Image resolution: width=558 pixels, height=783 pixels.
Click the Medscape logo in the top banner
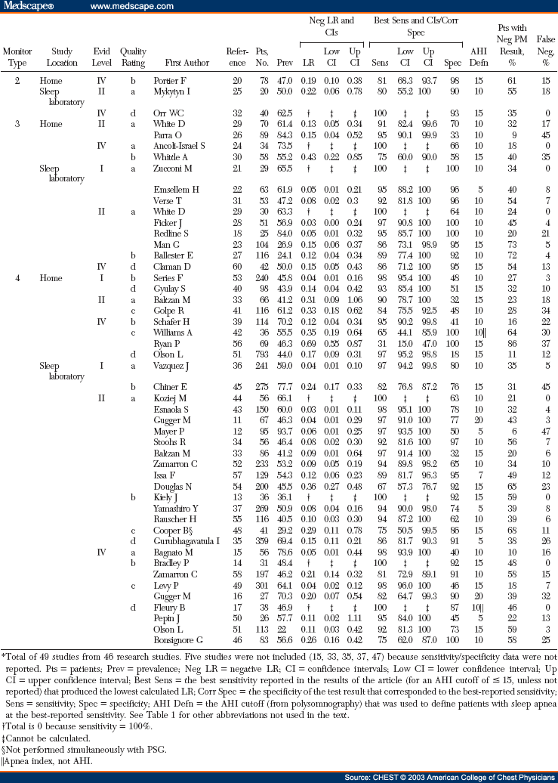[29, 7]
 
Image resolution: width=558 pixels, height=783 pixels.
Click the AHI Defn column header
[479, 57]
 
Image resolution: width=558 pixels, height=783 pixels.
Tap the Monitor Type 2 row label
[17, 79]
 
